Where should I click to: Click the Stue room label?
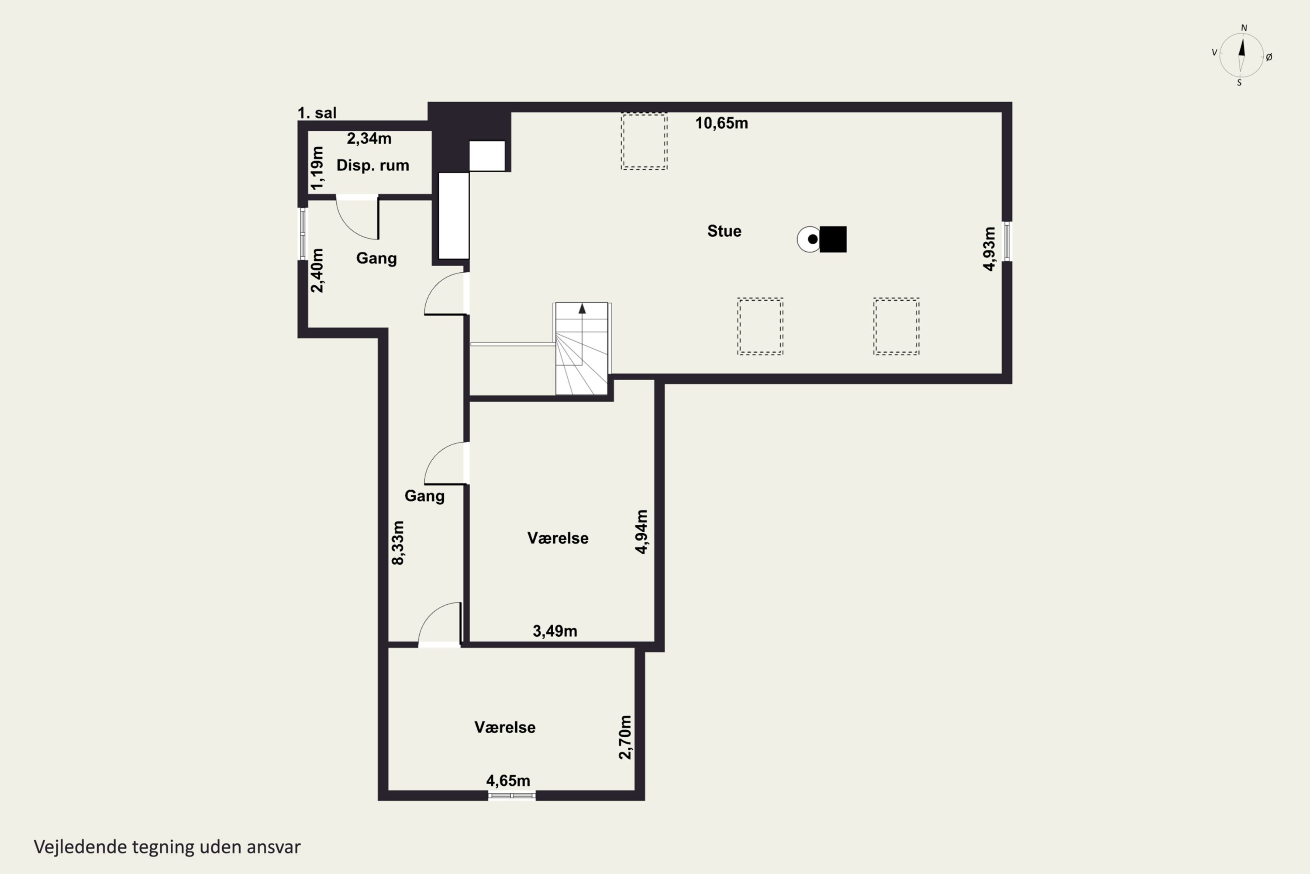[x=724, y=231]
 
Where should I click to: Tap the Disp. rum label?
[x=372, y=166]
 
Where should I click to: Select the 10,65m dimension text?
[x=721, y=123]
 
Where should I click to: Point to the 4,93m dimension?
[x=989, y=249]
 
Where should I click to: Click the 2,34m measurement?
[x=369, y=138]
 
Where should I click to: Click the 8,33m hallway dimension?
[x=398, y=543]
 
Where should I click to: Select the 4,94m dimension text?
[x=641, y=532]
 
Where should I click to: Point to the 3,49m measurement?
[x=555, y=631]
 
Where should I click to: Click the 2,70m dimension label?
[x=625, y=738]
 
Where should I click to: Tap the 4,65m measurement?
[x=508, y=780]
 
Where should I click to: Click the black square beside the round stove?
[x=833, y=239]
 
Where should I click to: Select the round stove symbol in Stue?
[x=809, y=239]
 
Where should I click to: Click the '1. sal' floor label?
[x=317, y=113]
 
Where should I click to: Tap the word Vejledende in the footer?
[x=80, y=847]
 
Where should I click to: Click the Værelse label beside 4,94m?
[x=558, y=538]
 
